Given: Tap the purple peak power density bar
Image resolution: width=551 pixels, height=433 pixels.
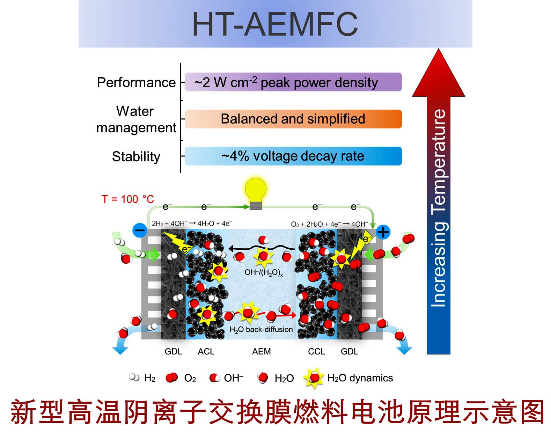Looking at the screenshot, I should click(293, 82).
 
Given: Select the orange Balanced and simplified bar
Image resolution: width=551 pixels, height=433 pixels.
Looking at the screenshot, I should click(293, 119).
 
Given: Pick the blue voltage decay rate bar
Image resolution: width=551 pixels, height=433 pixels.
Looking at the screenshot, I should click(293, 156).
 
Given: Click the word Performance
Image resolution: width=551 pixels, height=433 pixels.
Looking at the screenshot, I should click(136, 83).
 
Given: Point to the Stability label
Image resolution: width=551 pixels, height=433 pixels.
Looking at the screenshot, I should click(136, 156).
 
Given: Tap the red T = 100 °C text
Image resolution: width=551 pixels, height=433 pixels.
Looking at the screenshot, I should click(128, 199).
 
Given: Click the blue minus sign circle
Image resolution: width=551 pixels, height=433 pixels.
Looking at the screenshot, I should click(140, 230).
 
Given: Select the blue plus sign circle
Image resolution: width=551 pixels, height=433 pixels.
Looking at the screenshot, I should click(383, 232).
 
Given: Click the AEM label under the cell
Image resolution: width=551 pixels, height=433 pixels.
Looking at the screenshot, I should click(261, 352).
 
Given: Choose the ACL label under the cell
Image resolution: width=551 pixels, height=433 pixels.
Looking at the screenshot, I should click(206, 352).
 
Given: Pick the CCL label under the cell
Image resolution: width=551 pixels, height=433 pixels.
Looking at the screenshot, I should click(316, 352).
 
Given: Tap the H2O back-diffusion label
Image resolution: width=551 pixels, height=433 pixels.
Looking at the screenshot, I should click(261, 330).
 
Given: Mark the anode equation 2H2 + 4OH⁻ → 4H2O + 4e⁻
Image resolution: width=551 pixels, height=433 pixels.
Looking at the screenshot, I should click(192, 223).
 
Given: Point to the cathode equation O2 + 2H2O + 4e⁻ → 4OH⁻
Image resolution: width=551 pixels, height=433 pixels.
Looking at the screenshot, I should click(329, 224).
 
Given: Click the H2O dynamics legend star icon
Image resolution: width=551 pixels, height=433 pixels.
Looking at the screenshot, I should click(314, 378).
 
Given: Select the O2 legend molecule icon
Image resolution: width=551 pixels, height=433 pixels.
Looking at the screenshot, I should click(171, 378).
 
